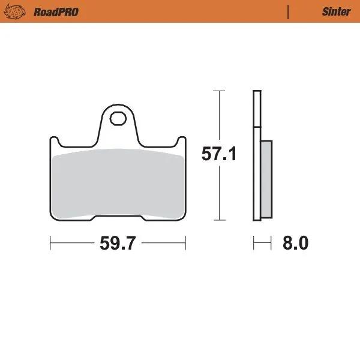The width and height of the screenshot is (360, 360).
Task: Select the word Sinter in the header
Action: [x=336, y=11]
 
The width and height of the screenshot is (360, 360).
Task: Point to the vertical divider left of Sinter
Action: [x=289, y=11]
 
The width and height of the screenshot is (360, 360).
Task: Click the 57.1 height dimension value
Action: [x=218, y=154]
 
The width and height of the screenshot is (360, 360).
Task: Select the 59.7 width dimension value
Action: [x=118, y=244]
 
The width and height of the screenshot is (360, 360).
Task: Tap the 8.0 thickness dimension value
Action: [x=295, y=244]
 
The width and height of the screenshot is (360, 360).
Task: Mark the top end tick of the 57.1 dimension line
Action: [x=218, y=91]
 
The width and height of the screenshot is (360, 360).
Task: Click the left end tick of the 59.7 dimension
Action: [x=50, y=244]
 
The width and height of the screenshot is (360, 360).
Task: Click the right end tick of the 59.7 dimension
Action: [x=186, y=244]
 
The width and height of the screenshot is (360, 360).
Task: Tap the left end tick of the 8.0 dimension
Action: [x=254, y=244]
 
